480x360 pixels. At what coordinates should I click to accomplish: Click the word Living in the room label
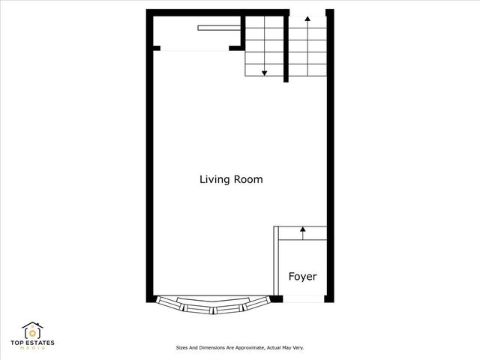click(213, 180)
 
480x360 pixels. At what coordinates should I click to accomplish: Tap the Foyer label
click(302, 277)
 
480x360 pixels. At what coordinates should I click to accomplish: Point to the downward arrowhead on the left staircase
click(265, 73)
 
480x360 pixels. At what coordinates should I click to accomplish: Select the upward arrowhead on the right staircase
click(307, 18)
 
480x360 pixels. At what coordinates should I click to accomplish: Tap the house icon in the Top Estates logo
click(32, 331)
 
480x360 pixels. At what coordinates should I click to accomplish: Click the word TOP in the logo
click(18, 343)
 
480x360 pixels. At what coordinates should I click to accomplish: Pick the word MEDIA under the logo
click(32, 349)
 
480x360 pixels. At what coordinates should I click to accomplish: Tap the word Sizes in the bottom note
click(181, 348)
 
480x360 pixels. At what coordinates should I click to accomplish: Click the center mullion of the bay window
click(213, 308)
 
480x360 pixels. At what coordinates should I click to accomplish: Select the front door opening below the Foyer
click(302, 298)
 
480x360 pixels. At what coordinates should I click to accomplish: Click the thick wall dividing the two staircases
click(286, 49)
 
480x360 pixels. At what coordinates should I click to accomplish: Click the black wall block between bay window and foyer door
click(276, 298)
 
